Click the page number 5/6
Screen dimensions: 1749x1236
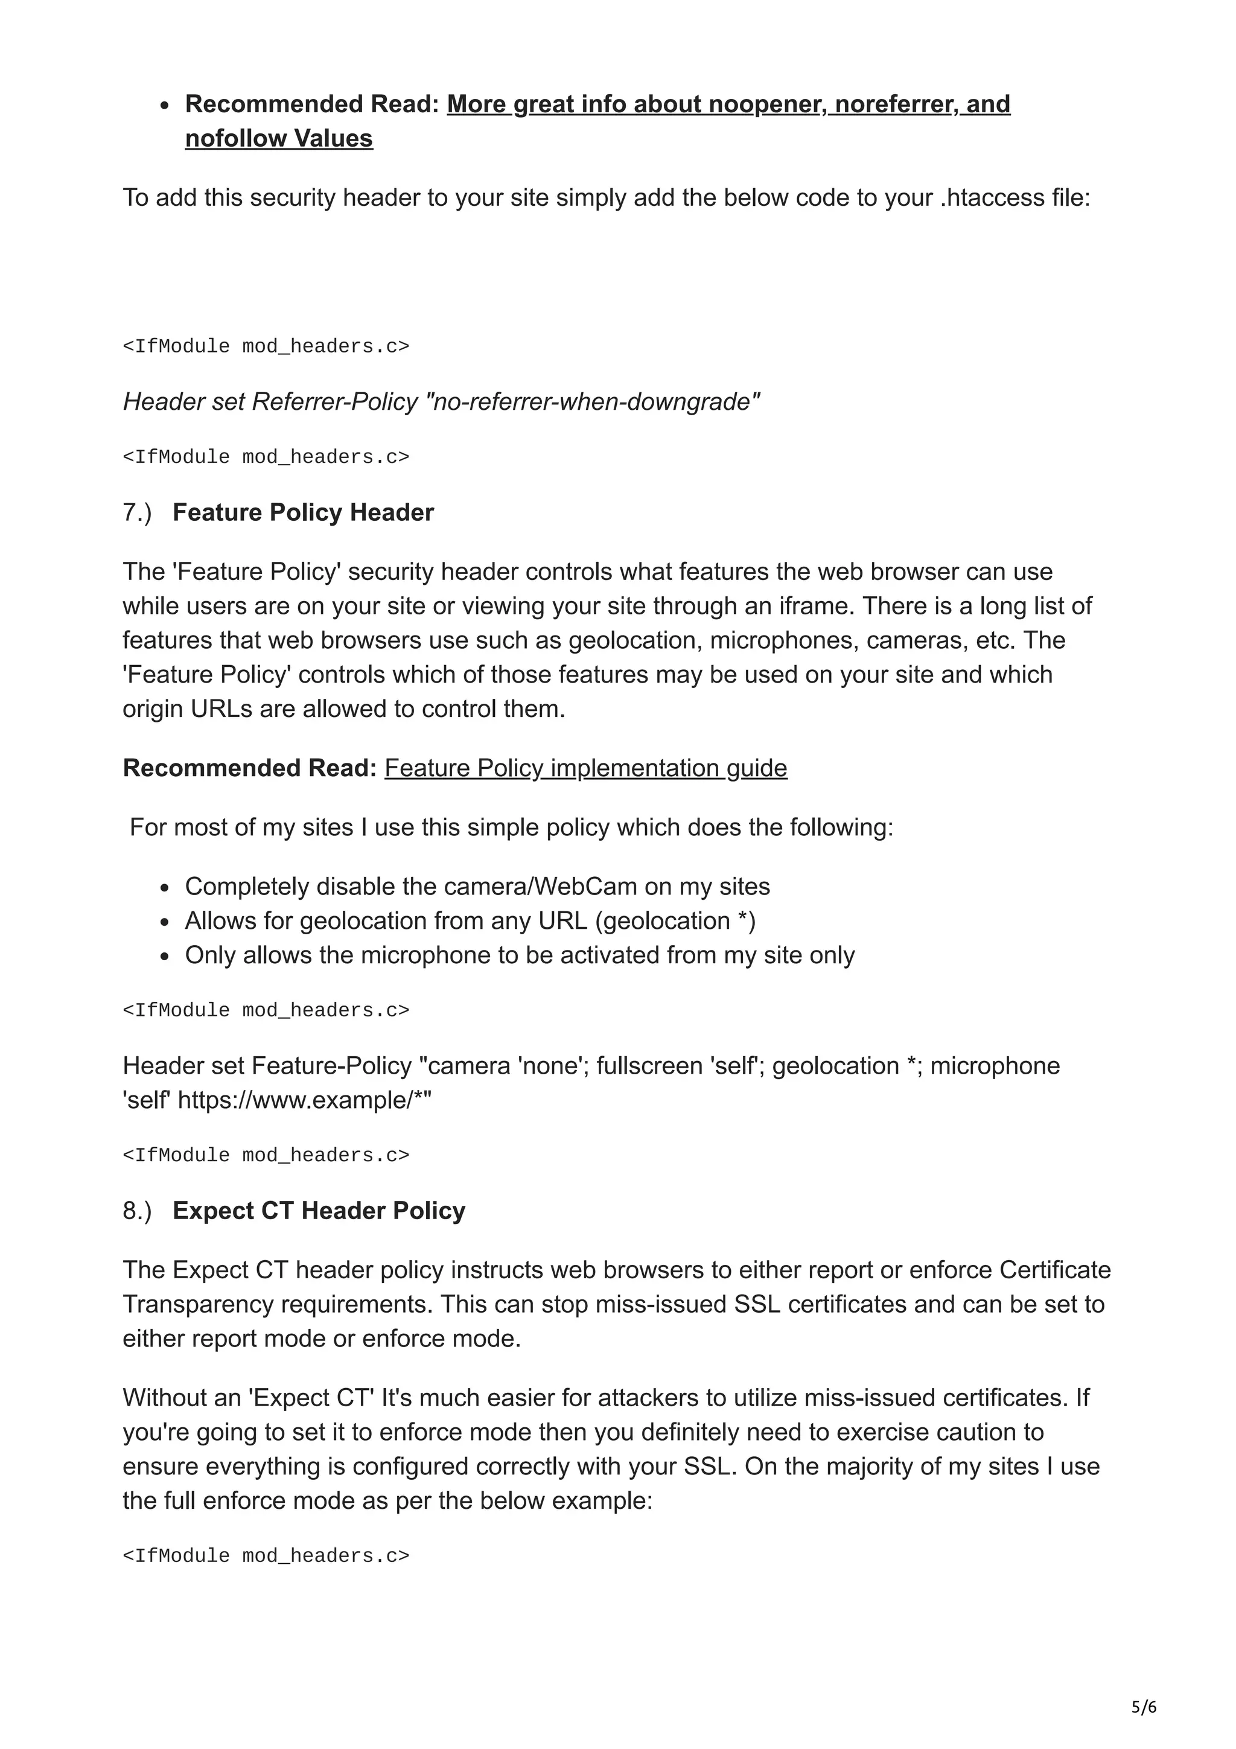(x=1143, y=1707)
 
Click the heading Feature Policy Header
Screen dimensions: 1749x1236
(x=302, y=512)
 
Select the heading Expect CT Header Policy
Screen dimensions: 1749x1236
(x=318, y=1211)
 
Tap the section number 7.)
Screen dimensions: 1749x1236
(x=137, y=512)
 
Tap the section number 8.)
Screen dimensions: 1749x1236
(x=137, y=1211)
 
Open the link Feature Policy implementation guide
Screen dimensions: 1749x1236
(x=585, y=768)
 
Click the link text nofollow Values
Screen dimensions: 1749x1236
(x=279, y=139)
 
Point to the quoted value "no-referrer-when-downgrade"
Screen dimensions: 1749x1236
(x=595, y=401)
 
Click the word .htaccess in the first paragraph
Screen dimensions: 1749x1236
(x=991, y=198)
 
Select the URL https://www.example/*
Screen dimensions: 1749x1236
(x=302, y=1100)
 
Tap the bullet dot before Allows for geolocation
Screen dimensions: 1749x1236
(x=165, y=922)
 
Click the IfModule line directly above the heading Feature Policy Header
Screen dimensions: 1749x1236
(x=266, y=457)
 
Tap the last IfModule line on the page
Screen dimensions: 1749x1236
(x=266, y=1555)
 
